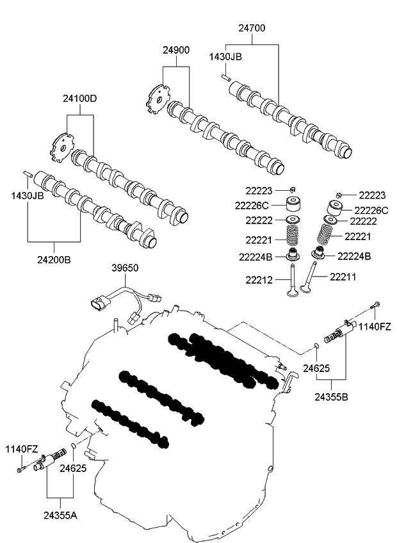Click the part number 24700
252,28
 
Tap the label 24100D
80,99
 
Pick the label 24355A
61,514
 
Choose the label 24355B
331,397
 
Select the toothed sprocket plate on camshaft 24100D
61,146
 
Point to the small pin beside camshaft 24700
226,77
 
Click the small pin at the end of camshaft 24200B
26,174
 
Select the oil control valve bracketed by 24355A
50,461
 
